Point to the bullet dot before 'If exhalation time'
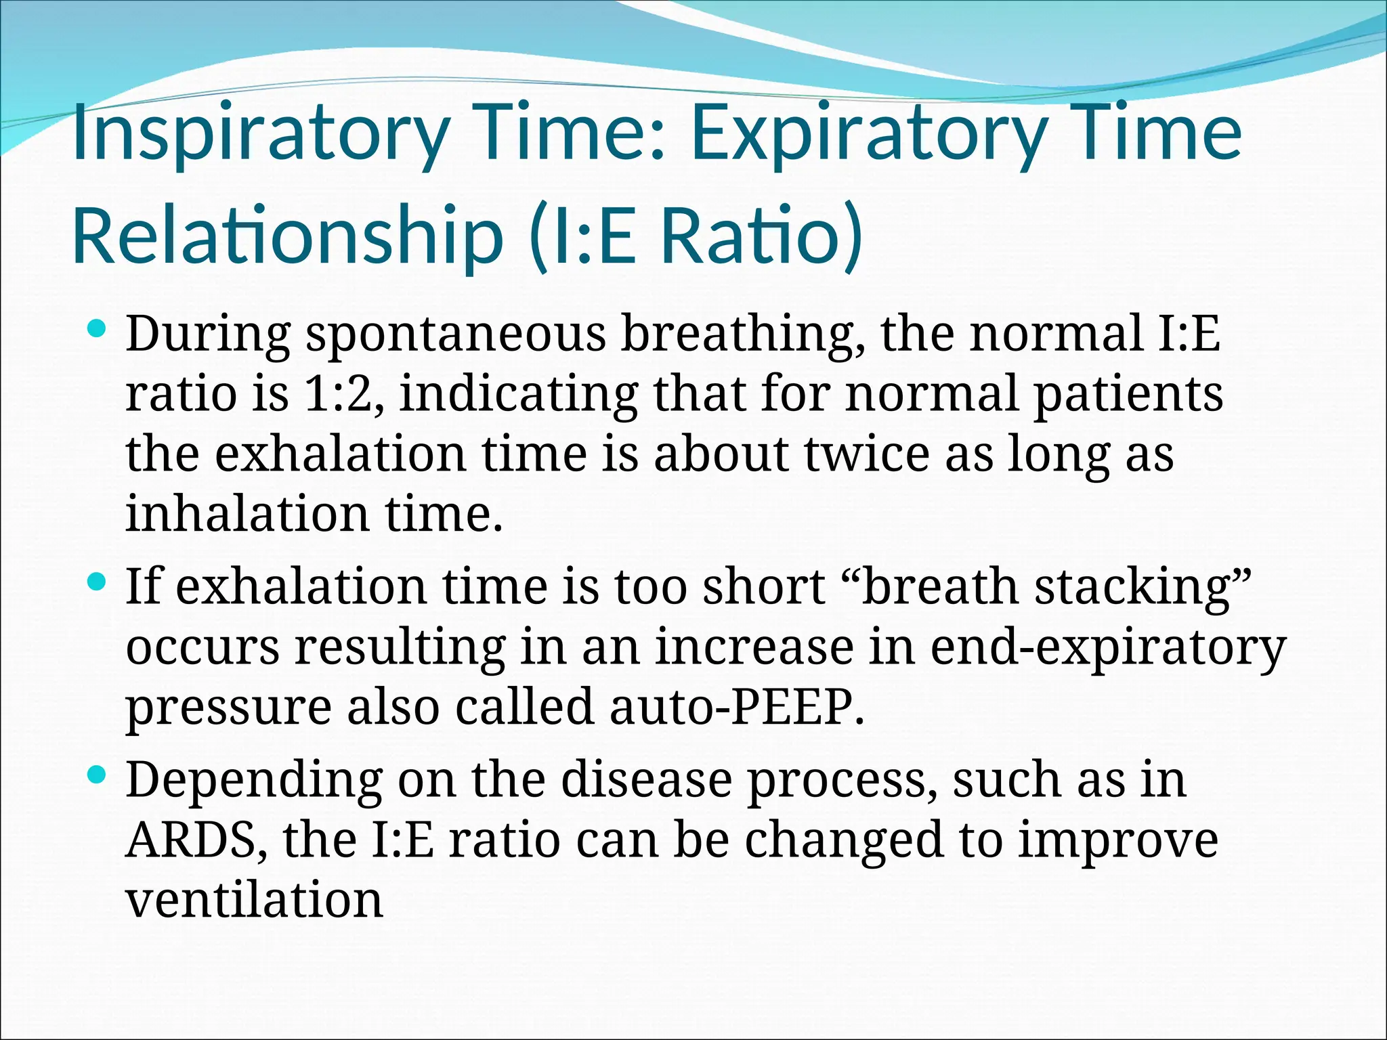98,582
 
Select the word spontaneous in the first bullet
455,335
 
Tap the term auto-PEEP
737,706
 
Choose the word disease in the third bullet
646,779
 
